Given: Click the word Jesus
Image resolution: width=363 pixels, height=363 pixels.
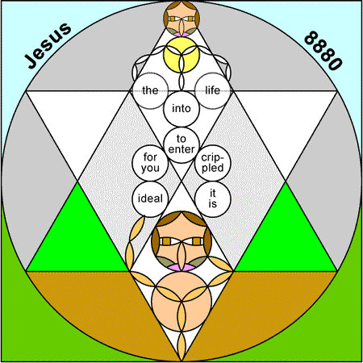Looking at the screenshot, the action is tap(48, 45).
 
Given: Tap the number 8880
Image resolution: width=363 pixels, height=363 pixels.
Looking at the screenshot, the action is tap(323, 51).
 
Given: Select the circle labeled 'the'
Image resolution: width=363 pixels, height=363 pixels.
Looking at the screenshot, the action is tap(150, 90).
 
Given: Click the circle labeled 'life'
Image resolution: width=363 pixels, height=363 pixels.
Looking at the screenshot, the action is tap(213, 90).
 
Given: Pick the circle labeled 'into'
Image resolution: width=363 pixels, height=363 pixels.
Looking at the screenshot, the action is tap(181, 109).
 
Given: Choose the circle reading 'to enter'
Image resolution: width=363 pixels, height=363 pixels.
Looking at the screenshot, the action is tap(181, 144).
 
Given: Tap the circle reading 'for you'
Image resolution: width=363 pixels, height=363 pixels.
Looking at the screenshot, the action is tap(150, 163).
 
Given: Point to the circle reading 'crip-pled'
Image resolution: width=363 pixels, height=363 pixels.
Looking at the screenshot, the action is tap(213, 163).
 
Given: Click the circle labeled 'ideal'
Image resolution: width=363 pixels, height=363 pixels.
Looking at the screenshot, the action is tap(150, 198).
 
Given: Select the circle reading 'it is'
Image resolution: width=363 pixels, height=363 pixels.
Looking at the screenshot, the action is tap(213, 198).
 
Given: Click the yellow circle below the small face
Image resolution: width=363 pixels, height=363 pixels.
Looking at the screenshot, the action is tap(181, 55).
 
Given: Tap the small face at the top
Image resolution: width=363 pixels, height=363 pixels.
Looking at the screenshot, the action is tap(181, 19).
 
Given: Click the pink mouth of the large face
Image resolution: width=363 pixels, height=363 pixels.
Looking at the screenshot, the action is tap(181, 267).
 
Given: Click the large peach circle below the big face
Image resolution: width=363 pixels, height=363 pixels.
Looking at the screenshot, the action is tap(181, 301).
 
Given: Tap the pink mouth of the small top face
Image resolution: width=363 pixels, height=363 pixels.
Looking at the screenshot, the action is tap(181, 35).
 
